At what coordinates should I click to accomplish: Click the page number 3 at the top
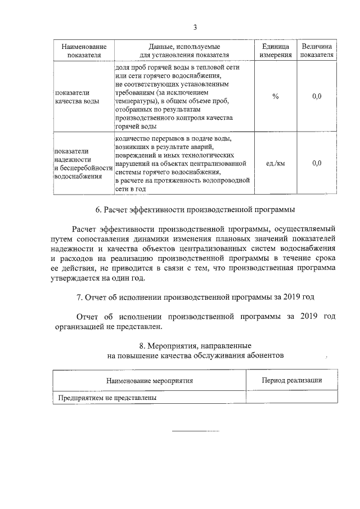(x=195, y=28)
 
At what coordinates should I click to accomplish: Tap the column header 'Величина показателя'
(x=317, y=51)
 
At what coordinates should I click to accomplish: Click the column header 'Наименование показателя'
(x=83, y=51)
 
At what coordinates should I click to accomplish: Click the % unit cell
(x=275, y=97)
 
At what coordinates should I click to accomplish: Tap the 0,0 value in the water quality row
(x=317, y=97)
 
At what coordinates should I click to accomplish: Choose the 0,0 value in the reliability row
(x=317, y=163)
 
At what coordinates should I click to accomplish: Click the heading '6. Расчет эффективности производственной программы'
(x=195, y=210)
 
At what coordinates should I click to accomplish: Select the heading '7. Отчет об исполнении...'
(x=195, y=296)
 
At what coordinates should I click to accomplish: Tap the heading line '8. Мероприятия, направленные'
(x=195, y=345)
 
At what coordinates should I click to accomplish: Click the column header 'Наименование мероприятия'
(x=150, y=381)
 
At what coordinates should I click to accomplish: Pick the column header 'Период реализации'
(x=292, y=381)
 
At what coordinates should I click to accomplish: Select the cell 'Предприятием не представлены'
(x=107, y=398)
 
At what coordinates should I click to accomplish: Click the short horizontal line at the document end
(x=195, y=430)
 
